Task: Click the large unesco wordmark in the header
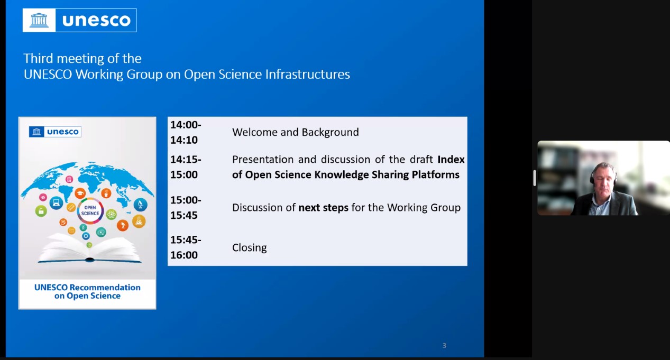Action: tap(96, 20)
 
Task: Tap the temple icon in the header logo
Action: tap(39, 20)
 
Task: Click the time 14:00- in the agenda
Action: tap(186, 125)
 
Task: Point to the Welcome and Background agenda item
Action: tap(295, 132)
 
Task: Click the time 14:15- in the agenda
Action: tap(186, 159)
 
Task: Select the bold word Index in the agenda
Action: tap(451, 159)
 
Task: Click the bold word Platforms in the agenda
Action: tap(435, 174)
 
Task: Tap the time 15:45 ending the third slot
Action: tap(184, 215)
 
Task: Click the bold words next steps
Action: tap(323, 208)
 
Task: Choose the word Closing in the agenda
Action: tap(249, 247)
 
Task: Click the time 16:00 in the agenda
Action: tap(184, 255)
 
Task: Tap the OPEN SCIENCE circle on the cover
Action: tap(90, 210)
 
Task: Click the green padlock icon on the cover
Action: tap(41, 211)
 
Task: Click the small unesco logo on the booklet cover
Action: tap(55, 132)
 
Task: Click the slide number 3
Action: tap(444, 346)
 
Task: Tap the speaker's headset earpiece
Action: tap(592, 179)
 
